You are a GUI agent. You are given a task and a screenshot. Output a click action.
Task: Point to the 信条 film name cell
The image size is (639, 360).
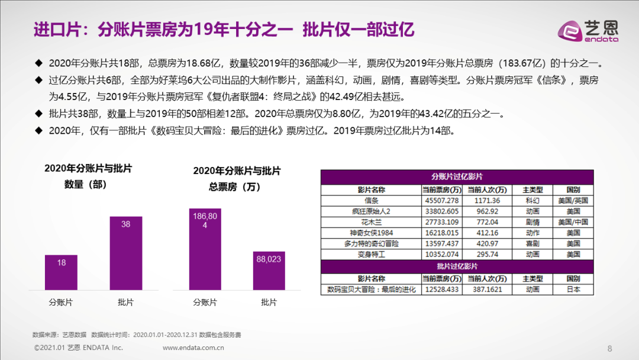pos(371,201)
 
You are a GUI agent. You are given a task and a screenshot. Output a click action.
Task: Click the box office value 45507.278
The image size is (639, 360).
pos(441,201)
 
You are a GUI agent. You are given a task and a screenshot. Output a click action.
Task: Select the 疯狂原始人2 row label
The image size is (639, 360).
pos(371,211)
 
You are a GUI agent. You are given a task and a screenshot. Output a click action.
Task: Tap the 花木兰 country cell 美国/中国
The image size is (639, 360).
pos(573,222)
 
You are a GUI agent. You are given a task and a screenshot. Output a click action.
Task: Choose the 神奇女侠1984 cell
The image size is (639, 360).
pos(371,233)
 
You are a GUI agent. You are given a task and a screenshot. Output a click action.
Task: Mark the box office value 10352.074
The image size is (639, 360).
pos(441,254)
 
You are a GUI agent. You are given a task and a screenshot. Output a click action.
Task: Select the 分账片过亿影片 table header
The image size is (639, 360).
pos(457,176)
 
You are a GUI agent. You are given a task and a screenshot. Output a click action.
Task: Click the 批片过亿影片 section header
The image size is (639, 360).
pos(457,266)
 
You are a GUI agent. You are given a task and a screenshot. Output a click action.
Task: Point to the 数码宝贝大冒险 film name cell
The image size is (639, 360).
pos(371,290)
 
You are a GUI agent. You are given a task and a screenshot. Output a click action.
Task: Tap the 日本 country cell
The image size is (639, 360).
pos(573,290)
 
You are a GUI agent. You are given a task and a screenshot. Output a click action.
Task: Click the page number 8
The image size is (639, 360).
pos(610,348)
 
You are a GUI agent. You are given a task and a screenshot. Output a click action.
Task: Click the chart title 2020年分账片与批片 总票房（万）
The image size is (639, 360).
pos(237,179)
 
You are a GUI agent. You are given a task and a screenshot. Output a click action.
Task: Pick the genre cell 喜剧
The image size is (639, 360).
pos(532,243)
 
